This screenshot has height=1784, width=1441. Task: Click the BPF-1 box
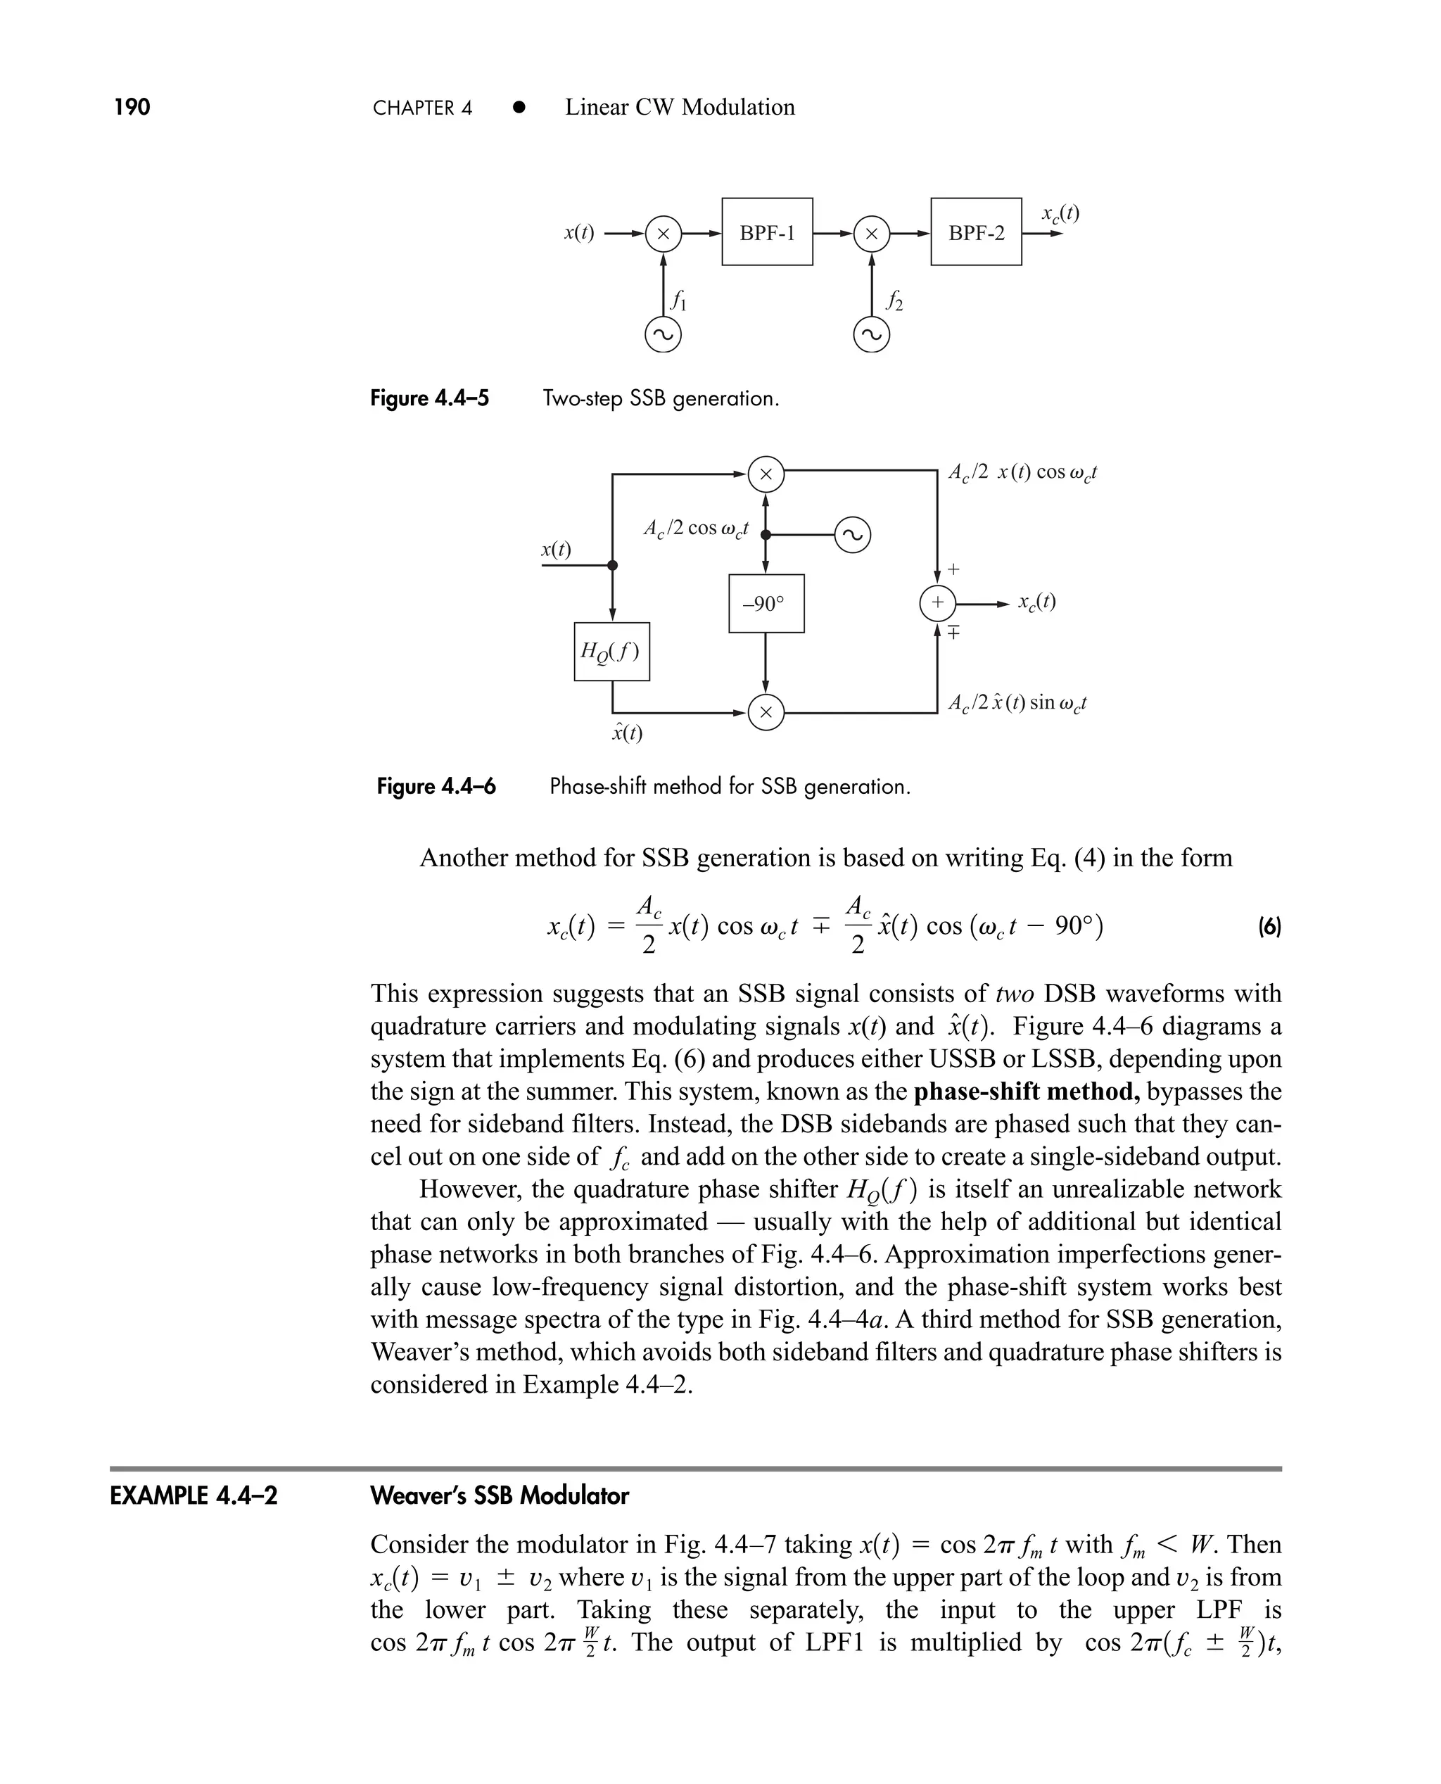(x=767, y=232)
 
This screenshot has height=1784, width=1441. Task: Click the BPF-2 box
(x=976, y=232)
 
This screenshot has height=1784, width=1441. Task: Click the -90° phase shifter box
(x=766, y=604)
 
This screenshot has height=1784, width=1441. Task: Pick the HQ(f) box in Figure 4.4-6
(x=611, y=652)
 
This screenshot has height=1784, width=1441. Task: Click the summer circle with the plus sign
(x=937, y=602)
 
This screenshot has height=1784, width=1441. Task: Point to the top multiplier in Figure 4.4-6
(x=766, y=474)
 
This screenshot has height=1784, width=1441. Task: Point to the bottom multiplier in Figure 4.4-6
(x=766, y=712)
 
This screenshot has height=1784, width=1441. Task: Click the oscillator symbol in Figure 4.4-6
(x=853, y=535)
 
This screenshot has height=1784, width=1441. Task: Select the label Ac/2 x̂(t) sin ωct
(x=1017, y=703)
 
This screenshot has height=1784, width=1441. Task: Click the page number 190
(x=132, y=107)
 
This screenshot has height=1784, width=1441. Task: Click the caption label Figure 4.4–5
(x=429, y=398)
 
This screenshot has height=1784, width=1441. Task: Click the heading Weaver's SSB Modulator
(x=500, y=1496)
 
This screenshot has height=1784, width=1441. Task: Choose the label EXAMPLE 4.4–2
(x=194, y=1496)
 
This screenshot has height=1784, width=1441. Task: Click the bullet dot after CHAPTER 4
(x=519, y=107)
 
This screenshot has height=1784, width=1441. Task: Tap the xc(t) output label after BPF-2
(x=1060, y=213)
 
